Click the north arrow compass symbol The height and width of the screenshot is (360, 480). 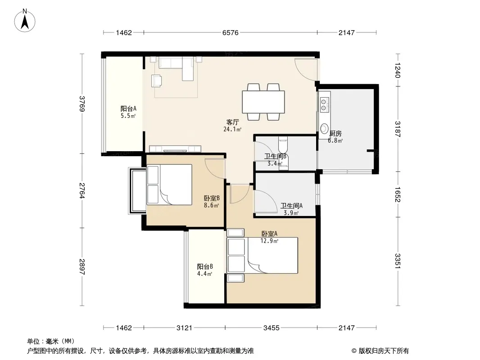point(25,21)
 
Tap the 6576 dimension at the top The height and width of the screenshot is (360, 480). point(230,32)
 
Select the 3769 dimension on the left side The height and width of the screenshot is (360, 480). point(82,103)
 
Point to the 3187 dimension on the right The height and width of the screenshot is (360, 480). point(397,129)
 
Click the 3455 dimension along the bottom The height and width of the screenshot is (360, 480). point(271,328)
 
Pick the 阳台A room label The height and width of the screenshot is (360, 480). point(128,108)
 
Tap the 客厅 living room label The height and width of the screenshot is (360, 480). point(233,122)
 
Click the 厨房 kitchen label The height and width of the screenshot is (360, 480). point(335,134)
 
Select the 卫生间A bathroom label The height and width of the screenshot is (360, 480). point(291,206)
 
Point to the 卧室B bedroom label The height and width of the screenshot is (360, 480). point(212,198)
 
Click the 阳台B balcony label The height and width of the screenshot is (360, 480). point(205,266)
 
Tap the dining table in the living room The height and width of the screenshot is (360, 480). point(263,102)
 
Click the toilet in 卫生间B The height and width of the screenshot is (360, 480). point(283,144)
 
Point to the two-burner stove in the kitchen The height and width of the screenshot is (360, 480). point(324,104)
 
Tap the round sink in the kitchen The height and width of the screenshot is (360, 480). point(324,128)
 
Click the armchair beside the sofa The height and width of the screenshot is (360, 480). point(156,81)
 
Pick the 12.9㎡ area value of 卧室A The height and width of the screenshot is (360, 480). point(269,241)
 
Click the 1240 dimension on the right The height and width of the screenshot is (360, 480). point(397,70)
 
